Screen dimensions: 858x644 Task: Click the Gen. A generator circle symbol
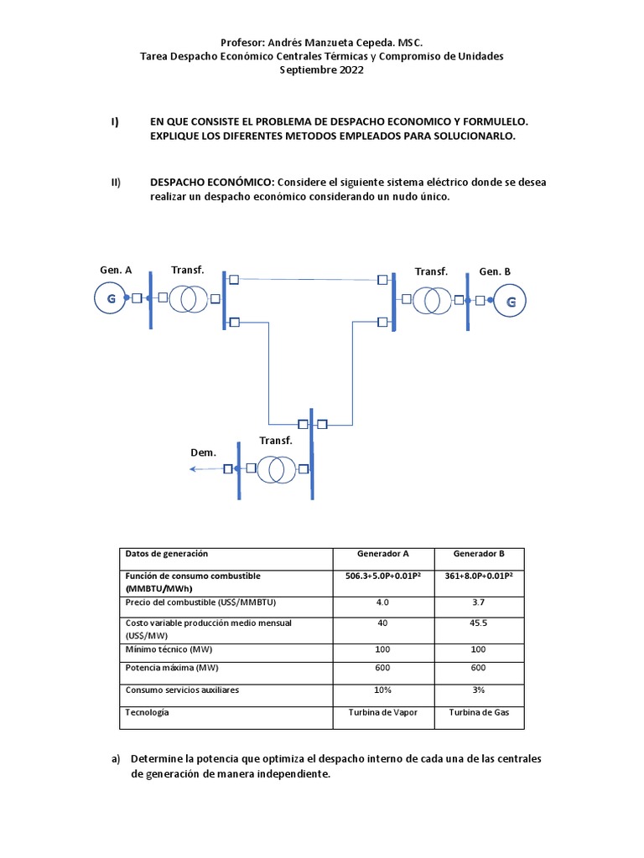[111, 298]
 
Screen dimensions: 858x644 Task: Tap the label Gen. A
[116, 270]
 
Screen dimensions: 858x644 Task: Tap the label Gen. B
[495, 271]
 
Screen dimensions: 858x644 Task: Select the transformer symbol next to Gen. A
[188, 298]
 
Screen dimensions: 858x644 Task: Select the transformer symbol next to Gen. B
[430, 300]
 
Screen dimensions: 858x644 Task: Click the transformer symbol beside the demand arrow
[276, 469]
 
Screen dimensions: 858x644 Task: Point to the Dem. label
[203, 452]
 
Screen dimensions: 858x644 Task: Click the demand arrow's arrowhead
[194, 469]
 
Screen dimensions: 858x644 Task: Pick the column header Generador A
[382, 554]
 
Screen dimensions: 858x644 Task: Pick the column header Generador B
[479, 554]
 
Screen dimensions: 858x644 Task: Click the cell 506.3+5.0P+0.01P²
[382, 576]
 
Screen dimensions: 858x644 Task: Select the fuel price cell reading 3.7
[479, 602]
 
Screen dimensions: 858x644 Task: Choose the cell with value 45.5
[479, 623]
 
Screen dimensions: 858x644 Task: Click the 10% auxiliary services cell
[382, 690]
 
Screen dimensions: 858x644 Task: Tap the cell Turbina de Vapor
[382, 712]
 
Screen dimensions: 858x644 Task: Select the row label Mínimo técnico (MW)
[169, 649]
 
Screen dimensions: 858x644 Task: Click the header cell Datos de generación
[166, 554]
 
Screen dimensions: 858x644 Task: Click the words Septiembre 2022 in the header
[321, 70]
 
